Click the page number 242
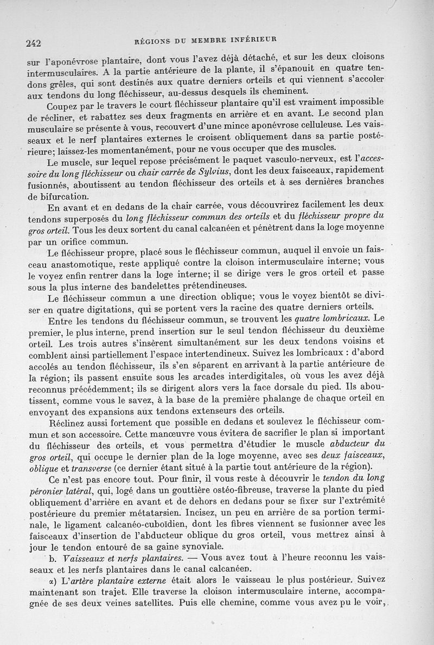34,44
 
